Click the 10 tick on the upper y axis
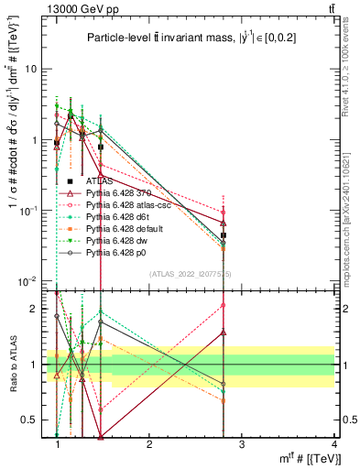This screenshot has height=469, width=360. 34,70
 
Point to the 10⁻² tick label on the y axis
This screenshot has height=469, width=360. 31,281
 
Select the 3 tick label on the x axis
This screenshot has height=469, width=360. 241,445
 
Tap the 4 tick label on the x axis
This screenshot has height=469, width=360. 333,445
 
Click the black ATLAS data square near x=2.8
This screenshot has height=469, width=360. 224,235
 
